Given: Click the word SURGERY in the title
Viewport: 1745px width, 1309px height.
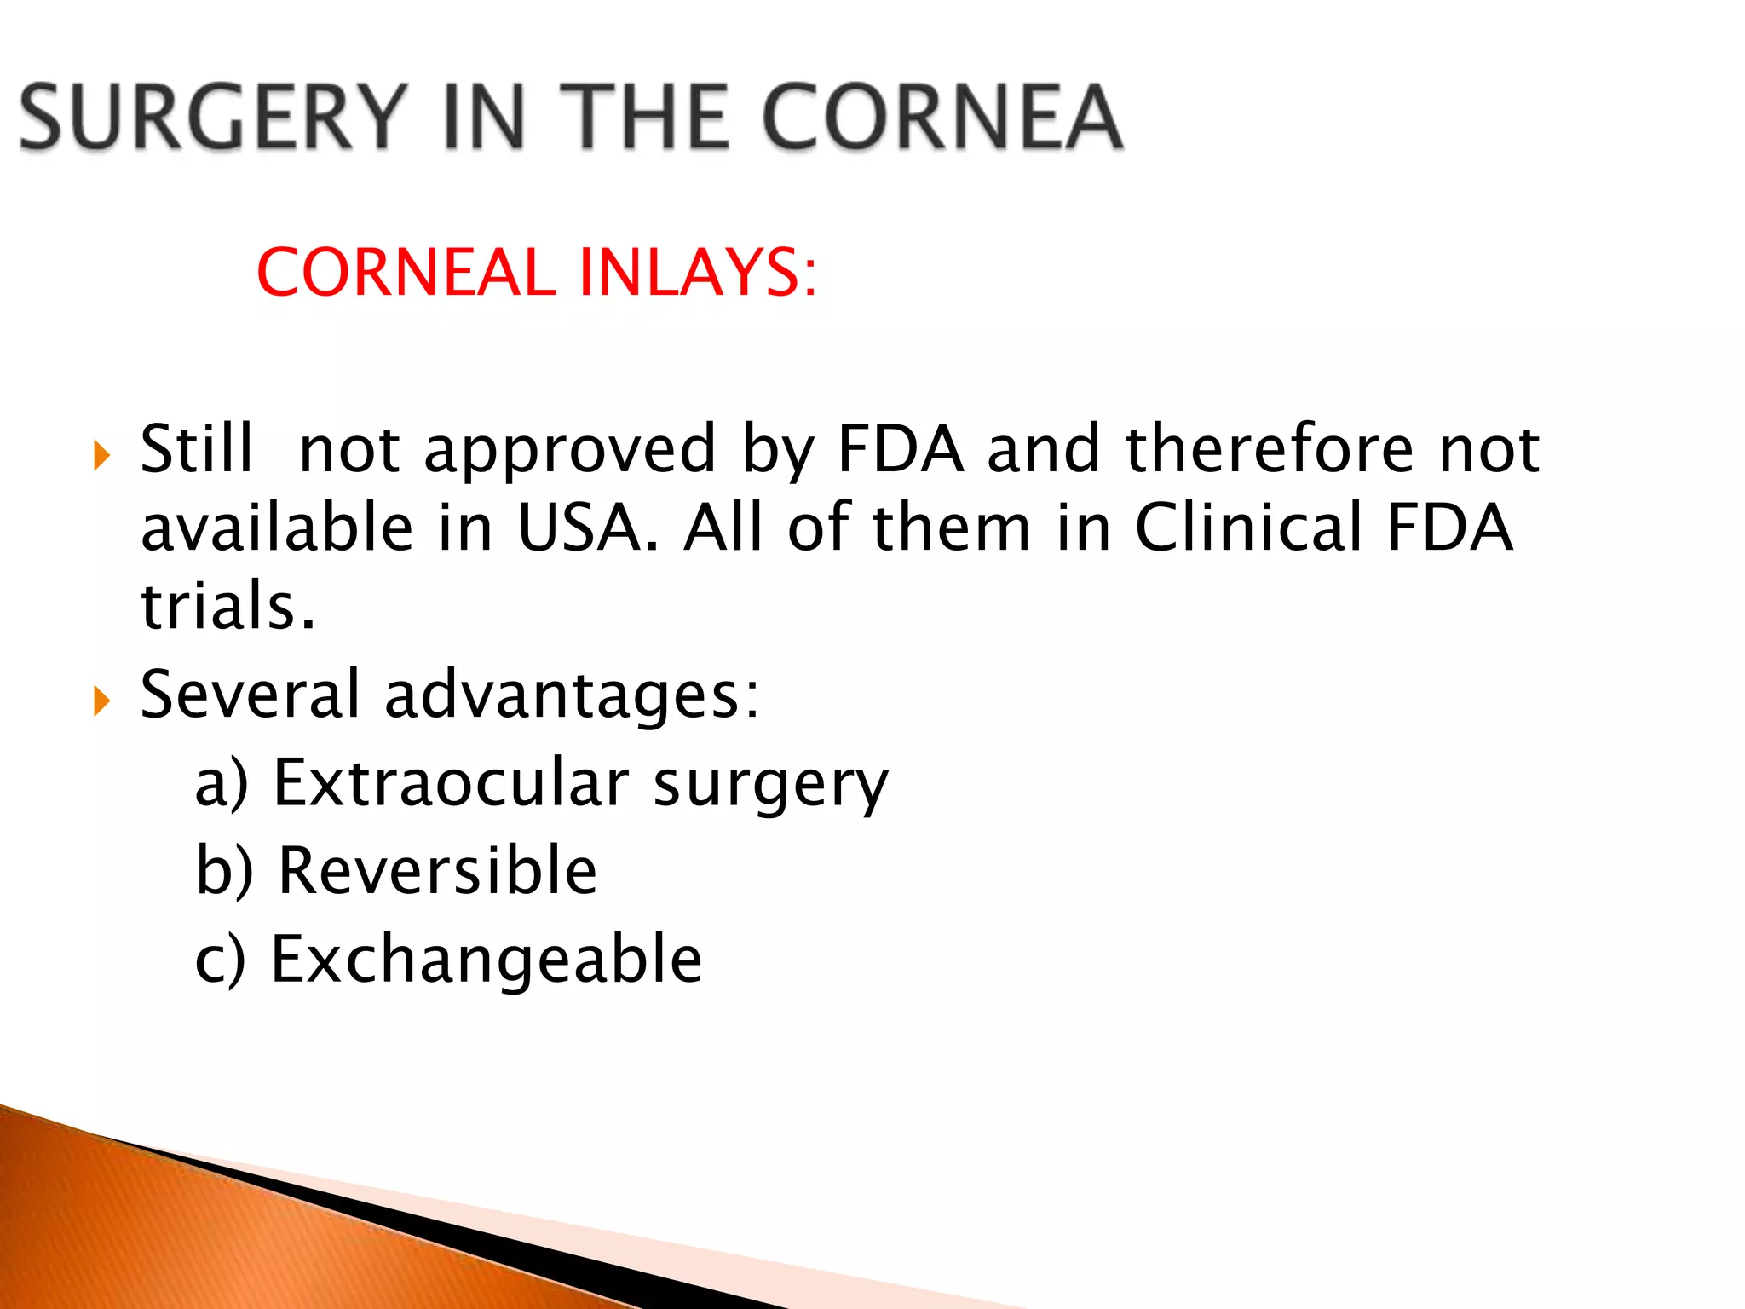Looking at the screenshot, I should point(212,117).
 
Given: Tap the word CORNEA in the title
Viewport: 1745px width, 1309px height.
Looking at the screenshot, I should point(942,117).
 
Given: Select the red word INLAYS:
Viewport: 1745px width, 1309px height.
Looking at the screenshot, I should point(697,273).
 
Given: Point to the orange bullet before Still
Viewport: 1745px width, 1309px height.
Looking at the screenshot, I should point(102,456).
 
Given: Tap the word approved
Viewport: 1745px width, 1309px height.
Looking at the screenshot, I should point(570,450).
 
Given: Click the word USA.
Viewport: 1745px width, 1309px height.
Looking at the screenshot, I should point(587,528).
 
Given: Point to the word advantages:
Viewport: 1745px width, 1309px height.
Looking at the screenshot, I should point(572,695).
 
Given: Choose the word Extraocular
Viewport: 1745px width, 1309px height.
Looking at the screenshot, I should point(451,782).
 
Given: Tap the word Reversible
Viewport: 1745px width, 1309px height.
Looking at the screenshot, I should point(438,870).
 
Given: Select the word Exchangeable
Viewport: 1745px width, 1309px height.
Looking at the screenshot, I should point(487,960).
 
